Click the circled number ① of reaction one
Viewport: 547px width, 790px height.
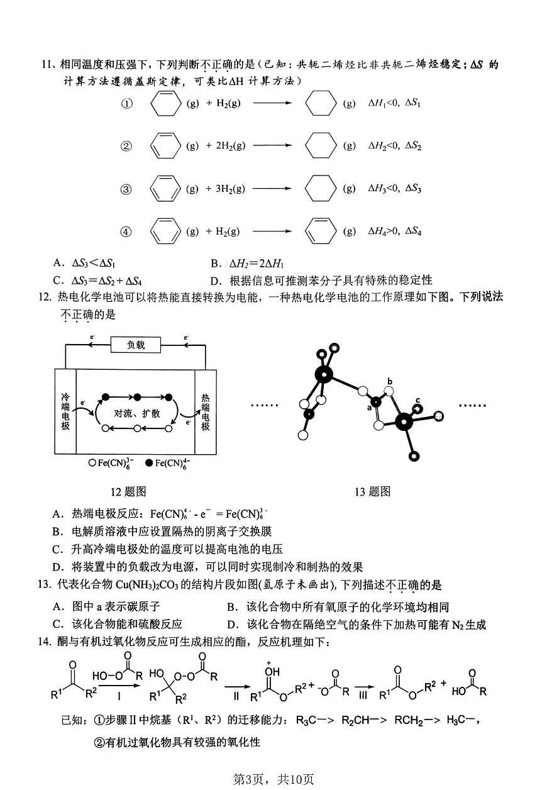tap(126, 104)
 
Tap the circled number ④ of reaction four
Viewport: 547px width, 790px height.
tap(126, 231)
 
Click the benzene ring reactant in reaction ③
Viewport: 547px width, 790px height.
tap(164, 189)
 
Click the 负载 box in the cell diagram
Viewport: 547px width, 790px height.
tap(136, 345)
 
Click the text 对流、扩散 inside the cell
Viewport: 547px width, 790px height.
tap(137, 413)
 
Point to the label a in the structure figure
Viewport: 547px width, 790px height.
tap(370, 408)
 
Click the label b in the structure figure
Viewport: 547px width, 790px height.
tap(390, 382)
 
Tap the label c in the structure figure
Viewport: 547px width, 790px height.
tap(417, 401)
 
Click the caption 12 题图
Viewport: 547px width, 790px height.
tap(128, 491)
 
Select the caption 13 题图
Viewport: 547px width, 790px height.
tap(372, 491)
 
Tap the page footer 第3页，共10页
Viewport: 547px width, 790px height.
tap(273, 779)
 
